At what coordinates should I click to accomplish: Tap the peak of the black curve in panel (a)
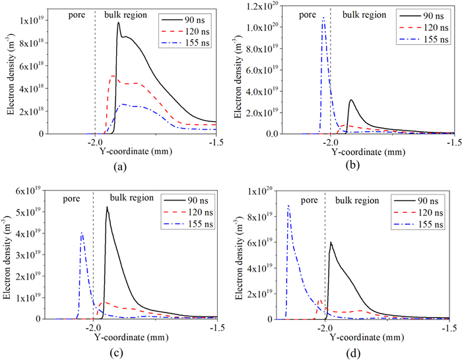[x=119, y=22]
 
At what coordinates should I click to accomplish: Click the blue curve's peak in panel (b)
[x=323, y=19]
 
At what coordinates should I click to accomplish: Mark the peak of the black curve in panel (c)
[x=107, y=207]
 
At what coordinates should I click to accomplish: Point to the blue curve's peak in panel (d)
[x=288, y=206]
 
